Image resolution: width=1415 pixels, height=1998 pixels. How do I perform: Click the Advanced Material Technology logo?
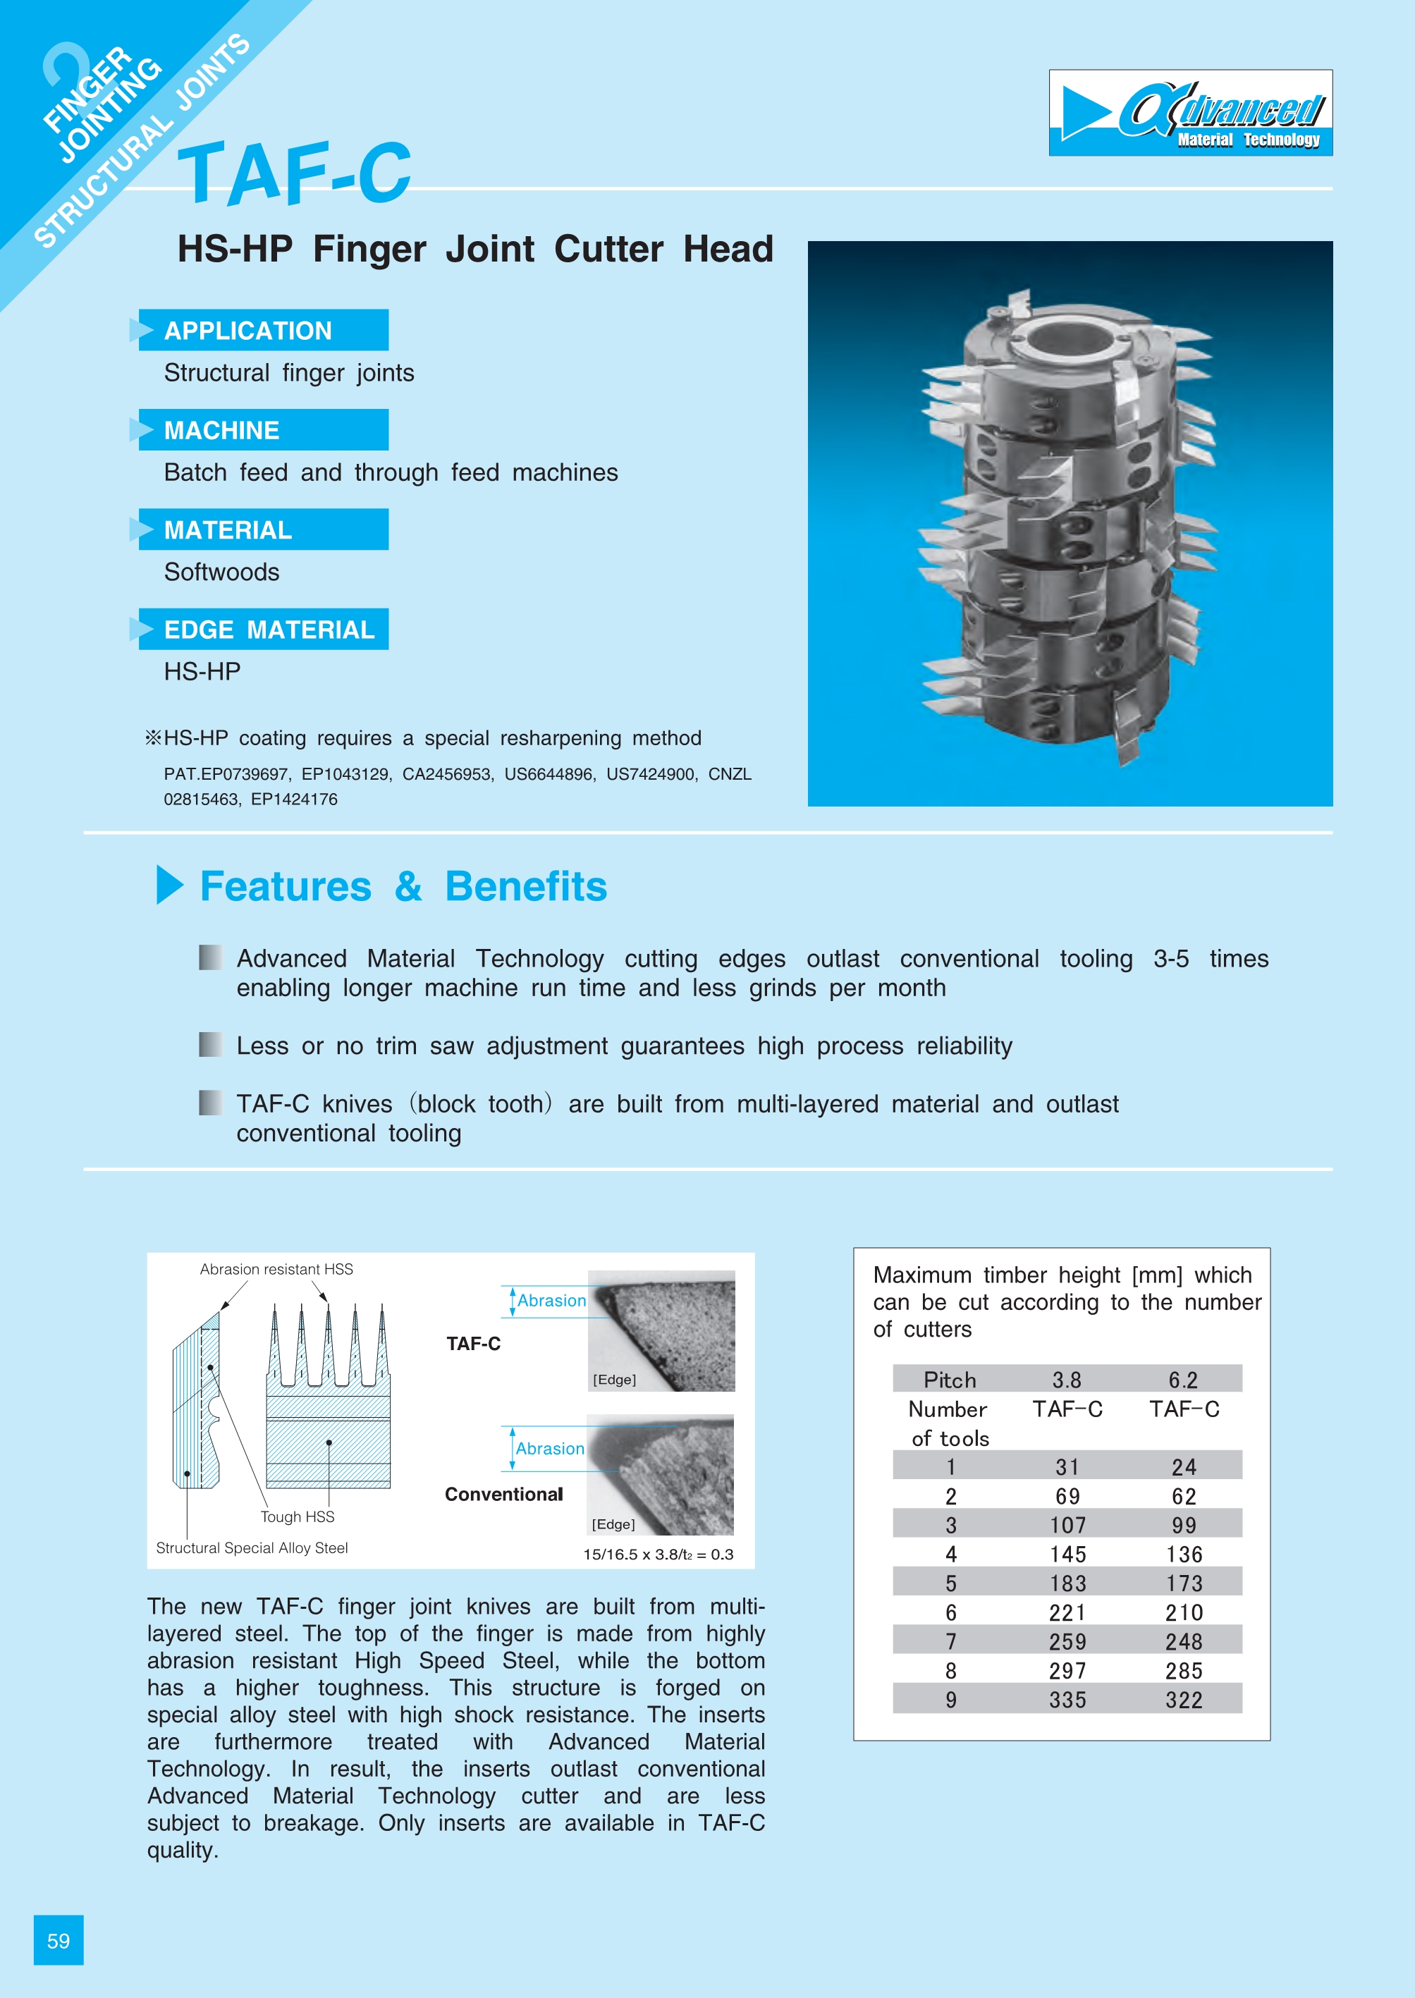(x=1190, y=114)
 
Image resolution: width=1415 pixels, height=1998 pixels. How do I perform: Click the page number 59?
(x=59, y=1940)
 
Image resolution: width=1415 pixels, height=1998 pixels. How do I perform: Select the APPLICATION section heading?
(x=248, y=331)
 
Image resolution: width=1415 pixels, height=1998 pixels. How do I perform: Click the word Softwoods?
(x=221, y=572)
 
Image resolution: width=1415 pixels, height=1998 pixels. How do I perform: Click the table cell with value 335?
(x=1067, y=1700)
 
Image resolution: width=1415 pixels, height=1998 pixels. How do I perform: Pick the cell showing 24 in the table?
(x=1183, y=1467)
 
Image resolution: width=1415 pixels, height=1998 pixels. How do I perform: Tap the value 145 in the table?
(x=1067, y=1555)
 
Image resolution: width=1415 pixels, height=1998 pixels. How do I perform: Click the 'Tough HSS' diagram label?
(x=297, y=1517)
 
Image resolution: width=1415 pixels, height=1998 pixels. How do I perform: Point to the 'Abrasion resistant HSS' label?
(x=276, y=1270)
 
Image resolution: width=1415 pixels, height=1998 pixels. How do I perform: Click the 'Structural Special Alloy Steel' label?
(x=252, y=1548)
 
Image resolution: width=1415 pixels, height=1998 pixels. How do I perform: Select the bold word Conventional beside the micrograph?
(x=503, y=1495)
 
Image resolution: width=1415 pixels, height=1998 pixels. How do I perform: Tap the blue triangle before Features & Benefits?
(x=169, y=885)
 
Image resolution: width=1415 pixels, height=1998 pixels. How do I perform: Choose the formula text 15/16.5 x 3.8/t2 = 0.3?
(x=658, y=1555)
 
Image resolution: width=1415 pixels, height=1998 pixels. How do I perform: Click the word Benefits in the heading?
(x=525, y=887)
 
